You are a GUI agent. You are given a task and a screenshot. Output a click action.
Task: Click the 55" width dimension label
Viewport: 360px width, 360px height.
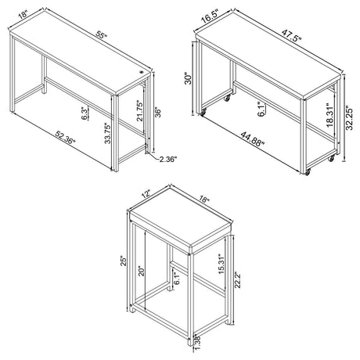(x=94, y=36)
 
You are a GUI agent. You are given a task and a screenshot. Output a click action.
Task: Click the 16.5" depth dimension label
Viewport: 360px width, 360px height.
(x=207, y=14)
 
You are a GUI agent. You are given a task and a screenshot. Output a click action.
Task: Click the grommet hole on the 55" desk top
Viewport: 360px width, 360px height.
(x=142, y=72)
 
